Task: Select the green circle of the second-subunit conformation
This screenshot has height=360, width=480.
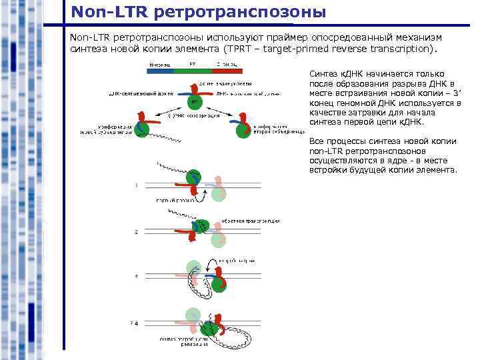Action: (x=241, y=129)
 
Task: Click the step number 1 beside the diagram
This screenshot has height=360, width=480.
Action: (x=136, y=185)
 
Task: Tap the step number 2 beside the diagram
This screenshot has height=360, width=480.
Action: (x=136, y=231)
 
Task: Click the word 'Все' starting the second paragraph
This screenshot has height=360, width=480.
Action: (x=317, y=141)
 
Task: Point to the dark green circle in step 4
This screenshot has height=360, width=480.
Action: (x=212, y=326)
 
